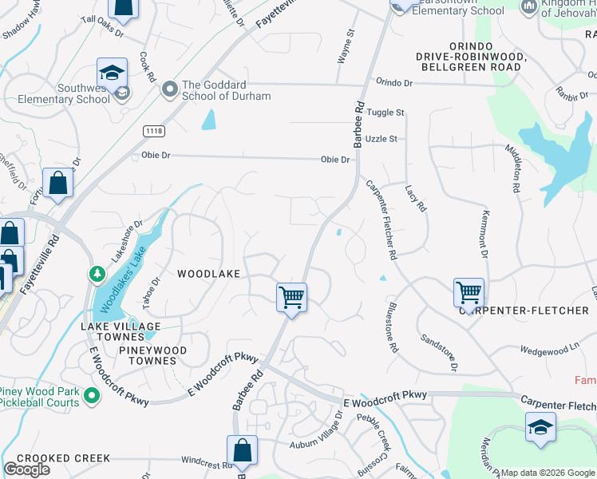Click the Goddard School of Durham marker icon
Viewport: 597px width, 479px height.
tap(169, 89)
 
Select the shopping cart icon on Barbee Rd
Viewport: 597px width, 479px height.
tap(291, 297)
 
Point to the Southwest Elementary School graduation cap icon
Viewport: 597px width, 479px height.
tap(113, 73)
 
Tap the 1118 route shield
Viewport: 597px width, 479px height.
tap(154, 130)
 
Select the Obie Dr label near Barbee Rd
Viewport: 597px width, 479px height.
tap(335, 160)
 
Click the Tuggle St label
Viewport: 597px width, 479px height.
tap(386, 113)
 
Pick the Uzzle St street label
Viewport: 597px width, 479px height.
tap(382, 139)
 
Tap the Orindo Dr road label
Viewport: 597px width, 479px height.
tap(394, 83)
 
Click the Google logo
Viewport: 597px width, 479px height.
tap(27, 469)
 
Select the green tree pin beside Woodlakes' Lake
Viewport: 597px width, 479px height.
tap(97, 275)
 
